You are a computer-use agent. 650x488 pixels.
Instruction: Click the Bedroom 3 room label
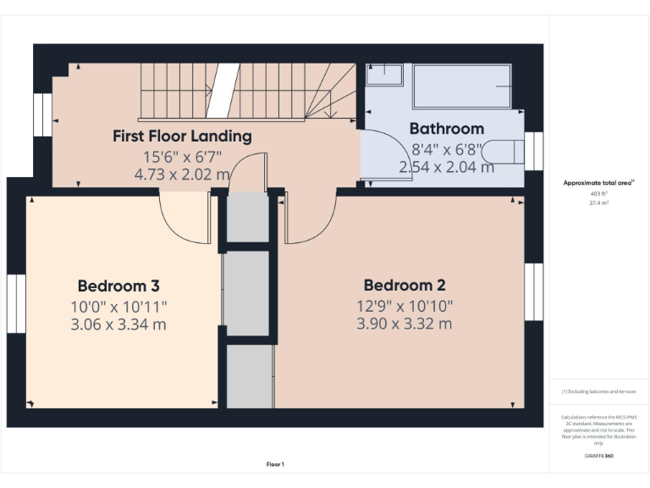pos(118,286)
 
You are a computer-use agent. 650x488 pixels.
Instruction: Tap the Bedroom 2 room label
pos(404,286)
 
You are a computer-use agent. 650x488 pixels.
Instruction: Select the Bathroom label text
pos(446,129)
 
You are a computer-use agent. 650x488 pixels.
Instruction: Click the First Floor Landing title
pos(182,136)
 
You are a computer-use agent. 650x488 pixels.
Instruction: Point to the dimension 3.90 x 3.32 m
pos(404,324)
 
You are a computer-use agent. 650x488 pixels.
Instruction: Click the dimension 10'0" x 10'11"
pos(118,306)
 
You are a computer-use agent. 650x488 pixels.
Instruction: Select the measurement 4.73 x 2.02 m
pos(182,175)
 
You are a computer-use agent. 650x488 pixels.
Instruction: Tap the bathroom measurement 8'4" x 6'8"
pos(446,149)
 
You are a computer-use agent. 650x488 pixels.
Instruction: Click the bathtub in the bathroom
pos(462,86)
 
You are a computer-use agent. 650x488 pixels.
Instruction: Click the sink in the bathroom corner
pos(385,75)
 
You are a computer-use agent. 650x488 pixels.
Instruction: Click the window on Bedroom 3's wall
pos(17,302)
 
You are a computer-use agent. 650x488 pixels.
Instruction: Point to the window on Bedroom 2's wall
pos(533,291)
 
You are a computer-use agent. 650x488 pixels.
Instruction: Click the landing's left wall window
pos(42,114)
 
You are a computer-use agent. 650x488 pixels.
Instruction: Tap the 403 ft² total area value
pos(598,193)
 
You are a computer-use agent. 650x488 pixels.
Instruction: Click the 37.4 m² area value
pos(598,202)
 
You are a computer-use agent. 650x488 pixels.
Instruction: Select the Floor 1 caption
pos(275,464)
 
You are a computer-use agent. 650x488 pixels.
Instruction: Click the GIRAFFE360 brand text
pos(598,456)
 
